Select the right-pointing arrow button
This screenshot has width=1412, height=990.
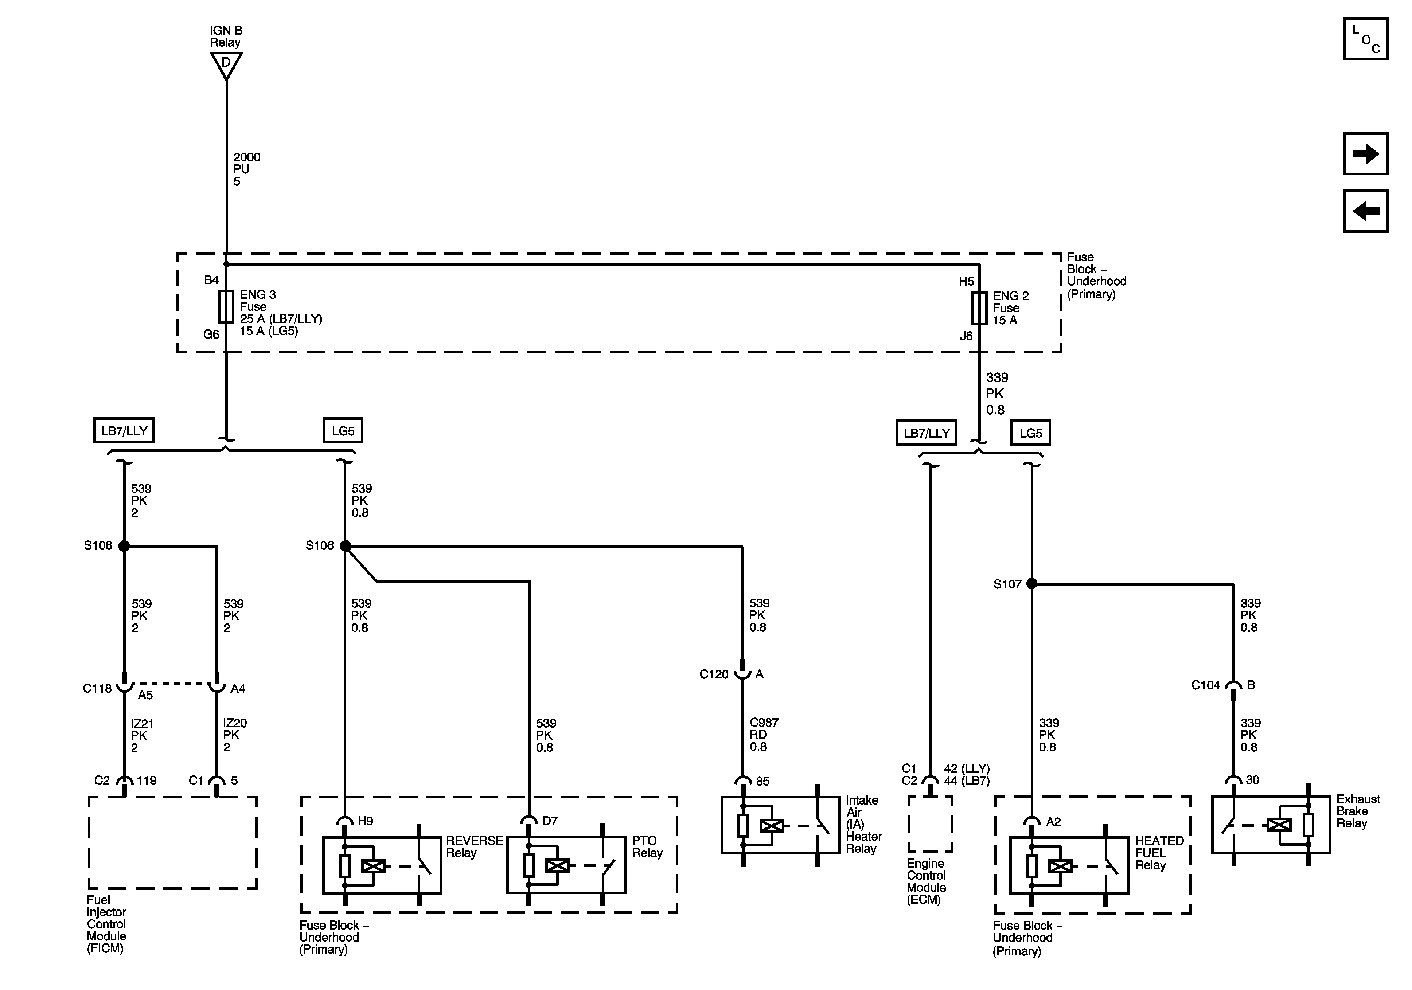[x=1365, y=154]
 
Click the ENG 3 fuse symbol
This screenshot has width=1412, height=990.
[x=226, y=307]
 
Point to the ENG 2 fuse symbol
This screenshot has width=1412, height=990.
[x=979, y=308]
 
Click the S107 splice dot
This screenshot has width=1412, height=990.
[x=1032, y=584]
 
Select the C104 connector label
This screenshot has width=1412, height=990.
[x=1205, y=685]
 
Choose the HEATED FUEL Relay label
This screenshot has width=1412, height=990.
[x=1159, y=853]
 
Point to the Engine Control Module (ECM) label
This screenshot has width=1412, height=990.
[x=926, y=881]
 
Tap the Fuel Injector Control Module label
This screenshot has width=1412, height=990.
[x=106, y=924]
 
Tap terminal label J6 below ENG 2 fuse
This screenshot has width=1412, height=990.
[x=966, y=336]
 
